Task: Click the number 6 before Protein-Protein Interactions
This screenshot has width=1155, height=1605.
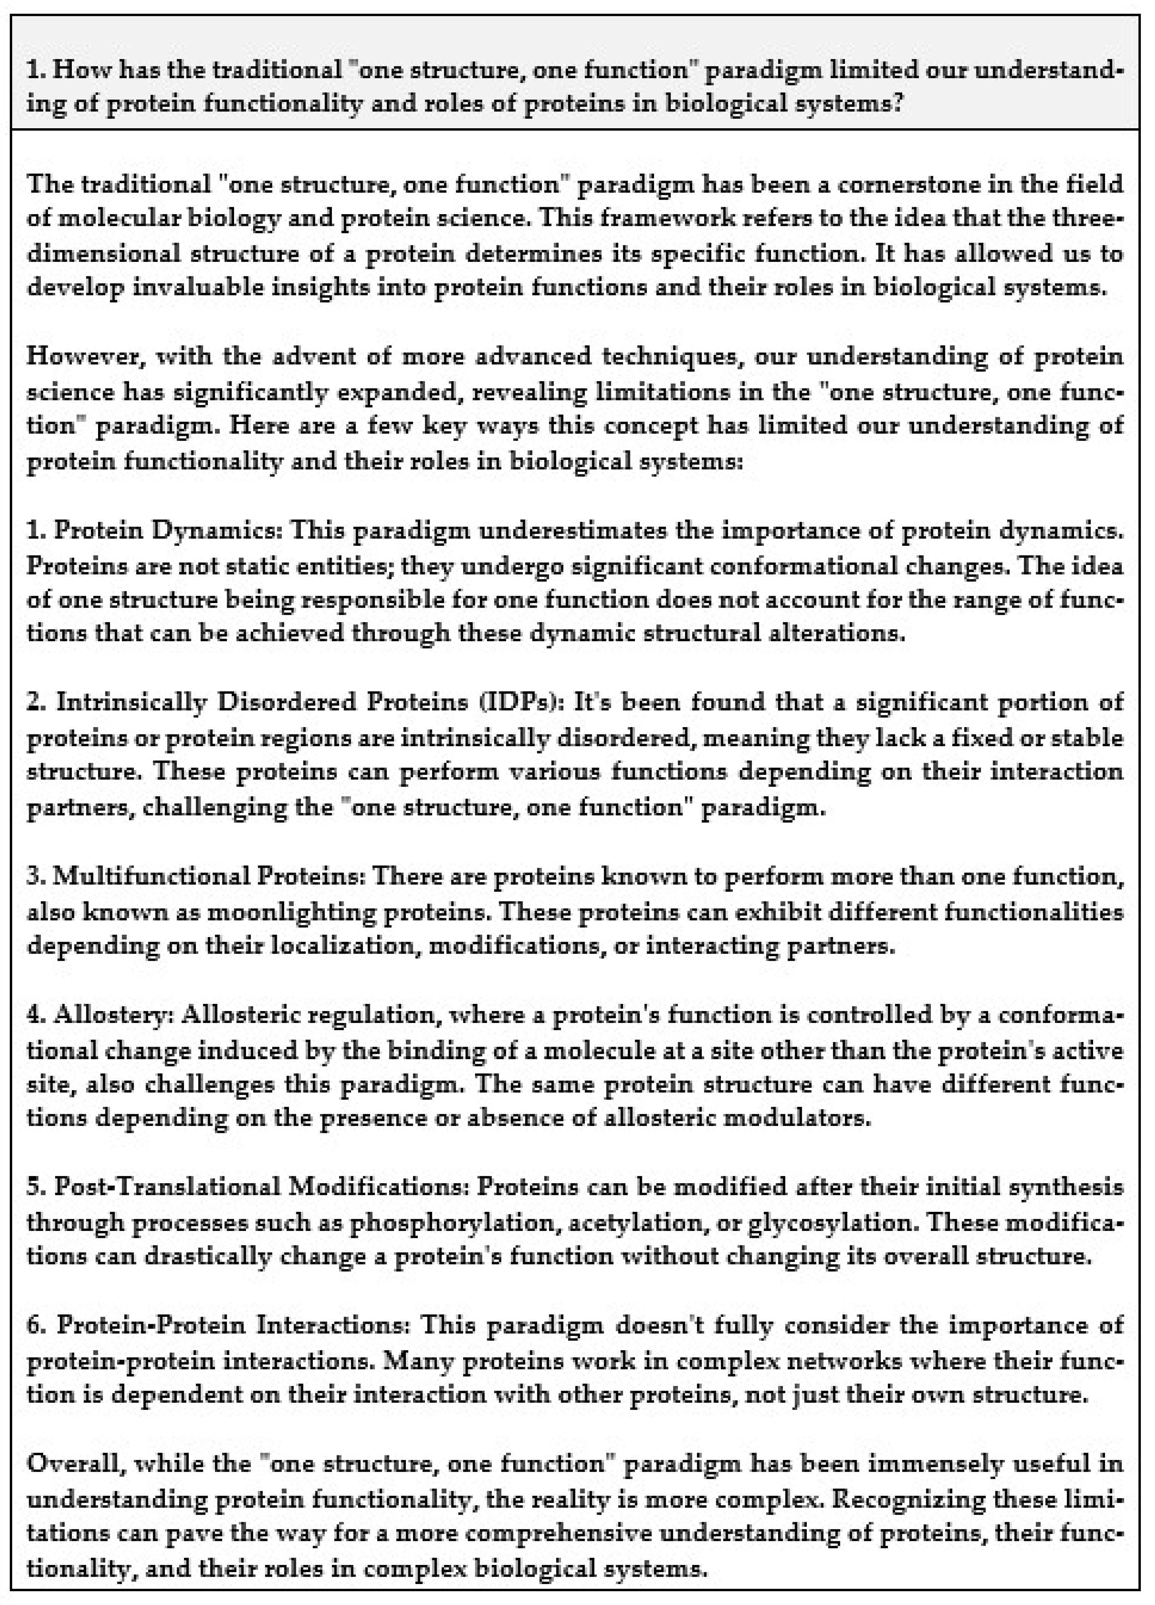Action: tap(34, 1325)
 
